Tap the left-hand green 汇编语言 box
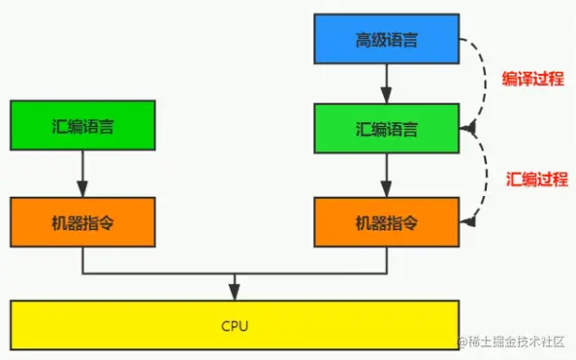coord(82,127)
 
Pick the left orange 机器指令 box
coord(82,221)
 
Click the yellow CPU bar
coord(234,326)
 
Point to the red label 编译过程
coord(531,80)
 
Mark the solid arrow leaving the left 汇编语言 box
coord(82,174)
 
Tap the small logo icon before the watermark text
coord(464,343)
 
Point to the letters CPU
coord(234,326)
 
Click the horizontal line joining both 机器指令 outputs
coord(234,275)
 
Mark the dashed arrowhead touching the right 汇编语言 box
coord(468,127)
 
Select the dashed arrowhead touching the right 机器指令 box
coord(468,222)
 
